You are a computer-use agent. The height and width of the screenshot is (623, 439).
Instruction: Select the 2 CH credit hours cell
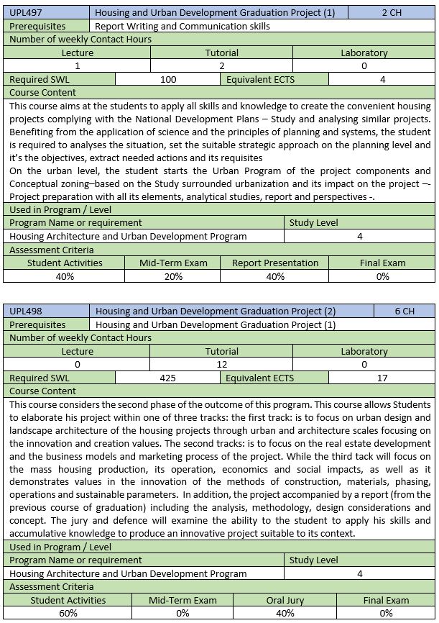point(391,12)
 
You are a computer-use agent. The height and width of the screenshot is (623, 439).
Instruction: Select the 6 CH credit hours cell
point(405,311)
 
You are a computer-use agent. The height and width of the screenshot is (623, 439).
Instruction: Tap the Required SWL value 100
point(168,79)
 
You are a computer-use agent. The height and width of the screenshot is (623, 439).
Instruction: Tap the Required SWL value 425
point(168,378)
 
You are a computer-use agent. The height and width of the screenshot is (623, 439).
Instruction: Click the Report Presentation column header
point(274,263)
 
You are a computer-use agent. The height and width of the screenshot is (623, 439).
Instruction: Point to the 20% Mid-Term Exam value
point(172,276)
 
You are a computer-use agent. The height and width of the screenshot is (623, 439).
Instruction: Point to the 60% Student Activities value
point(68,613)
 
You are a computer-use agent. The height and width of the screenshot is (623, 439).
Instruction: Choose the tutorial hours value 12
point(221,365)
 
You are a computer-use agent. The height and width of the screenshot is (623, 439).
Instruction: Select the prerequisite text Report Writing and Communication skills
point(182,26)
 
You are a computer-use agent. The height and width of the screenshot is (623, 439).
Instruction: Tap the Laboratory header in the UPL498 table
point(364,351)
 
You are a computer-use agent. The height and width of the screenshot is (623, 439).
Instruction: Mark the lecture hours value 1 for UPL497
point(78,66)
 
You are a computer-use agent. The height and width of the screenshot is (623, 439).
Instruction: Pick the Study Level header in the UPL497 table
point(313,222)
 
